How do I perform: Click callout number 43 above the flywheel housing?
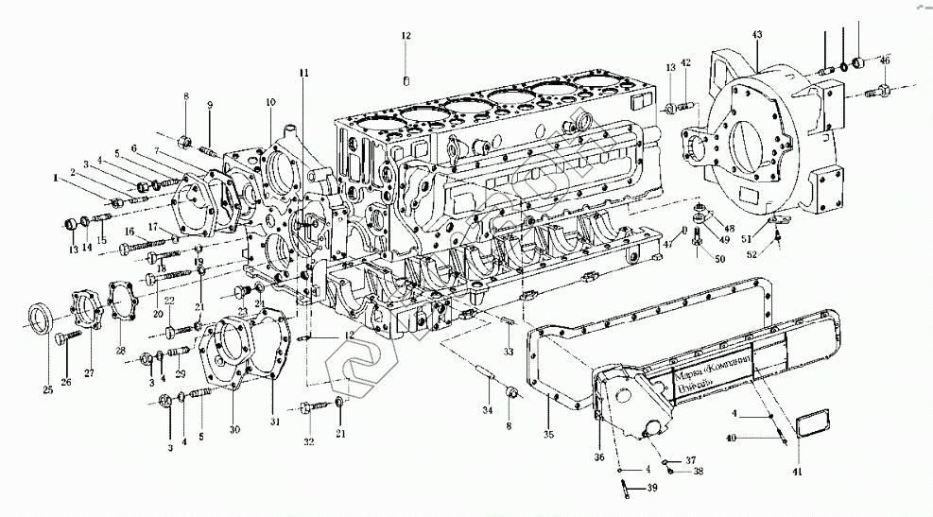coord(756,35)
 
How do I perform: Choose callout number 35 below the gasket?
coord(547,435)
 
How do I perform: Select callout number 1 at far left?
coord(56,176)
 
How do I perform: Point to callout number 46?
coord(885,60)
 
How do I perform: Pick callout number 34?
coord(486,411)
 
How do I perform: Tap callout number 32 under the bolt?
coord(307,441)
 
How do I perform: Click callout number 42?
coord(686,63)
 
